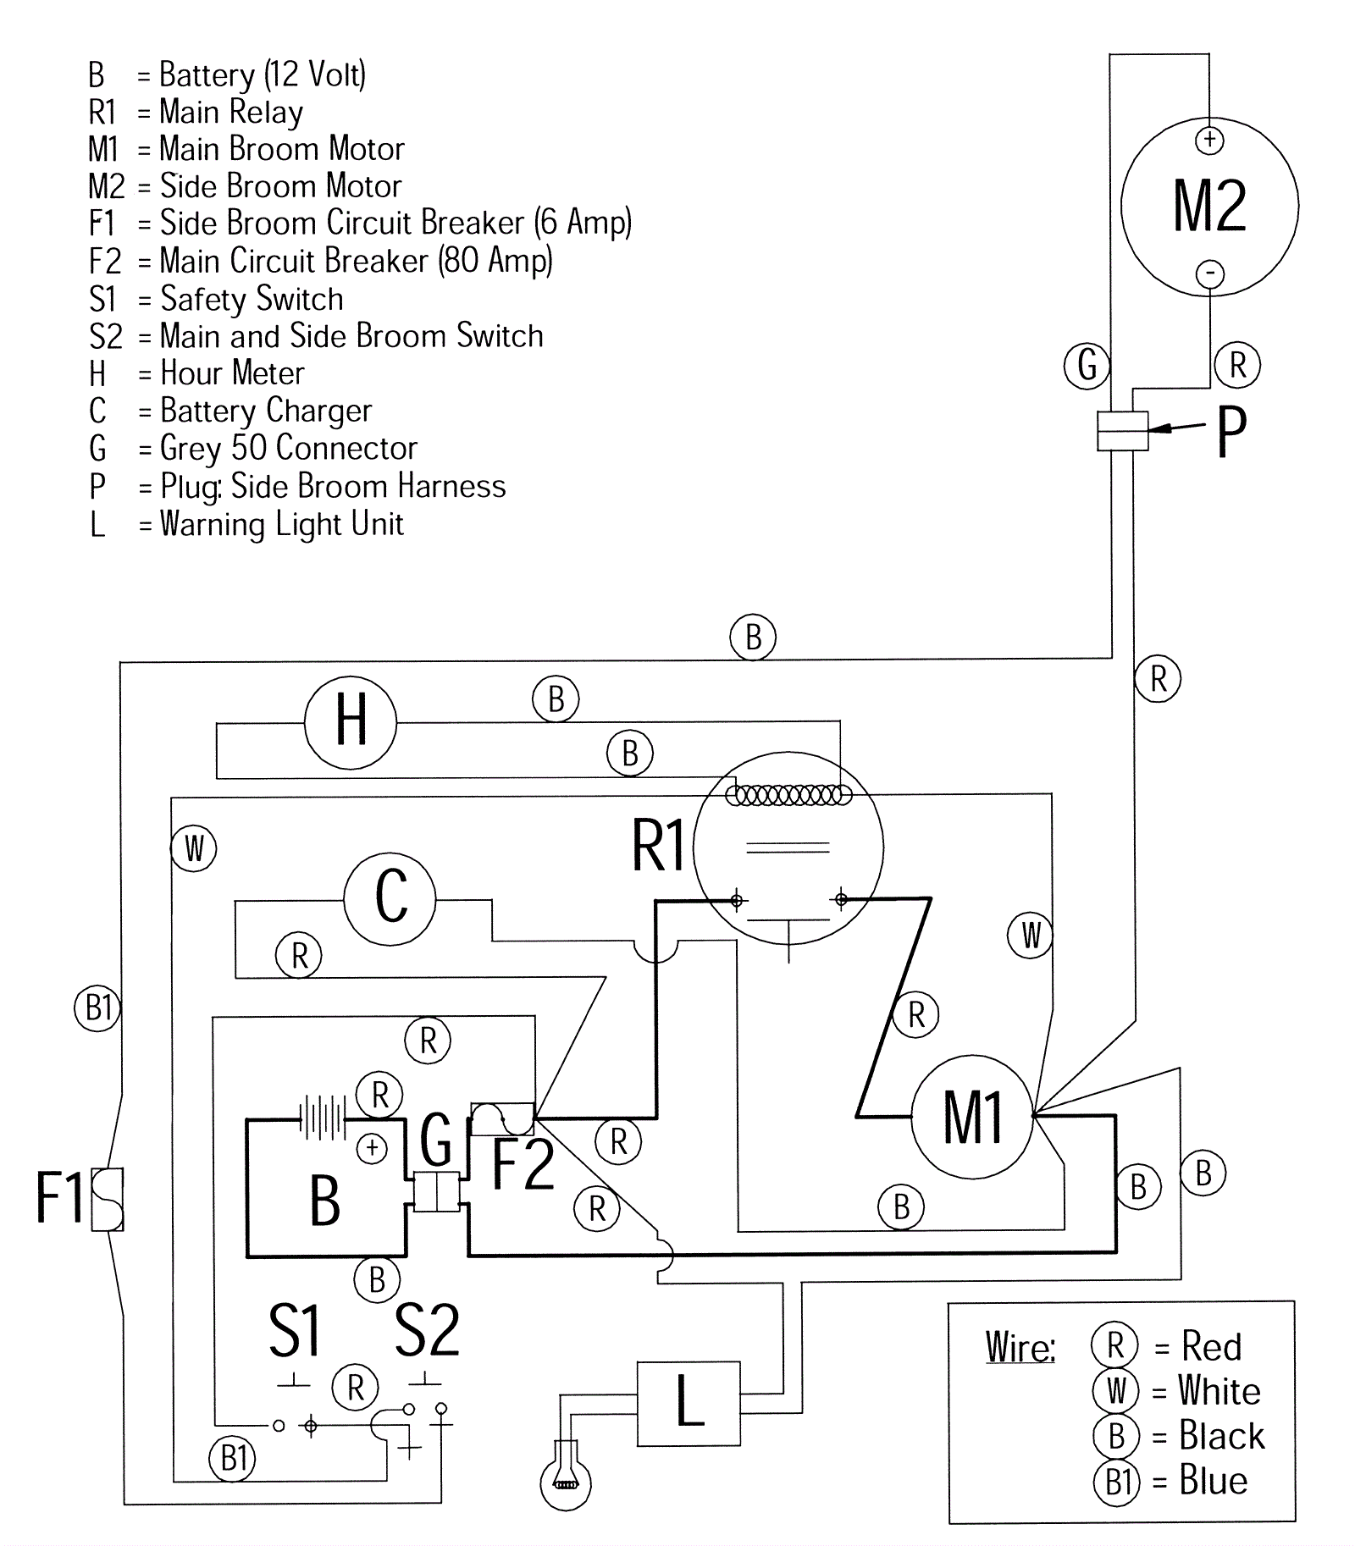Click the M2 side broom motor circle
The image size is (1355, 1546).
[1209, 206]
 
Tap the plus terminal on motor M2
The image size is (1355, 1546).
[1209, 140]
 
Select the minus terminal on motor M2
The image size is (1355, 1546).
[1210, 273]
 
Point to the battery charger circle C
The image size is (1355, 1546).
[390, 898]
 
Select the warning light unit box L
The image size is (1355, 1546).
[689, 1403]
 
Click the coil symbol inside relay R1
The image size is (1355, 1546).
[788, 795]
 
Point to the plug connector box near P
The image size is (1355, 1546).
[1122, 431]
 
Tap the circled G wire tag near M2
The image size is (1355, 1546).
[1087, 366]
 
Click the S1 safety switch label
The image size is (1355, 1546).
[294, 1331]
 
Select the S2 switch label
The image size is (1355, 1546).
[427, 1331]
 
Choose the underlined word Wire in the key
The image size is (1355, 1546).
[1020, 1346]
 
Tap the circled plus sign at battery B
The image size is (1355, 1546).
[372, 1148]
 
